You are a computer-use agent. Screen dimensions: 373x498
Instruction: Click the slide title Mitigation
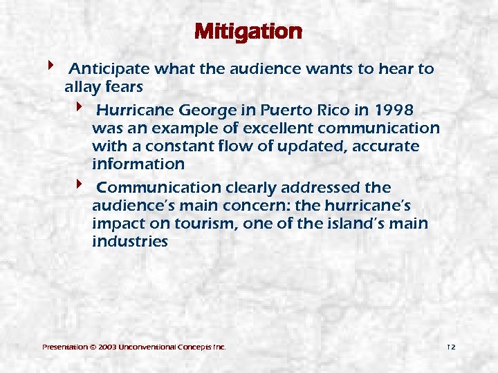[248, 32]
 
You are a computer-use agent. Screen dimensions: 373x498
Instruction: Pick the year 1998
[396, 111]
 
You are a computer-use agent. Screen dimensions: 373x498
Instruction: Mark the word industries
[129, 242]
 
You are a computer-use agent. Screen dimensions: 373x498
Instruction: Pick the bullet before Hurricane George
[79, 108]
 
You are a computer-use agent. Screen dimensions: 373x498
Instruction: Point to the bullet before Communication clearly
[79, 185]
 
